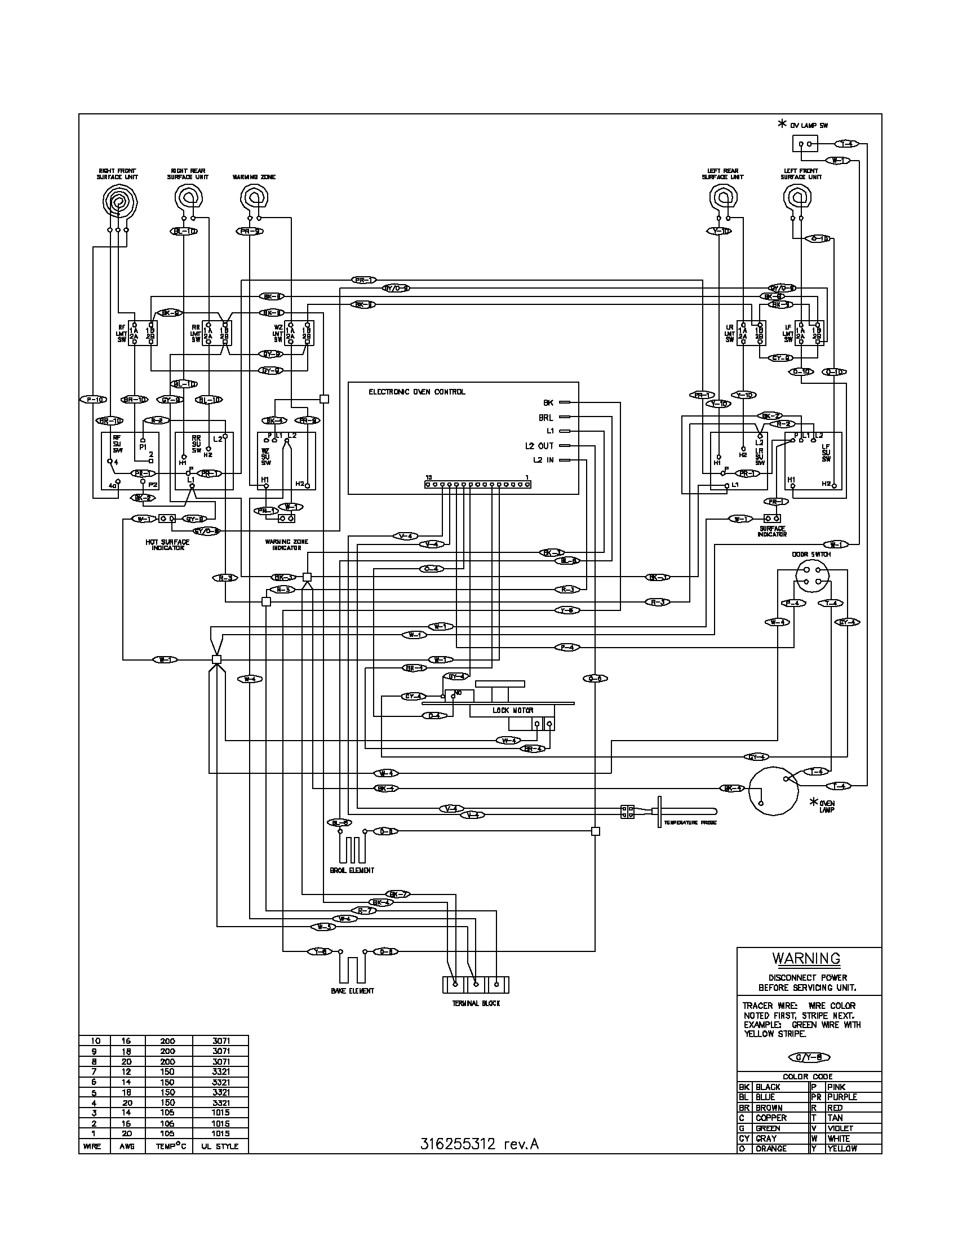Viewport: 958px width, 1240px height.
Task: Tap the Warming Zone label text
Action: [x=254, y=178]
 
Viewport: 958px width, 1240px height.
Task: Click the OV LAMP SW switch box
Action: [x=804, y=144]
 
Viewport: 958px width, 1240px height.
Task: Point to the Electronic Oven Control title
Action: [x=416, y=392]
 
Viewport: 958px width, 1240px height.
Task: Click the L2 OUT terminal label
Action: [x=539, y=446]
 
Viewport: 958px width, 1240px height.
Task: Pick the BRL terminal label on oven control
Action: [x=545, y=417]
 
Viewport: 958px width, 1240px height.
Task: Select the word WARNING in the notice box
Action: [x=806, y=958]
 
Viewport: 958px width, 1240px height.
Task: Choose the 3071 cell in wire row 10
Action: [x=221, y=1040]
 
